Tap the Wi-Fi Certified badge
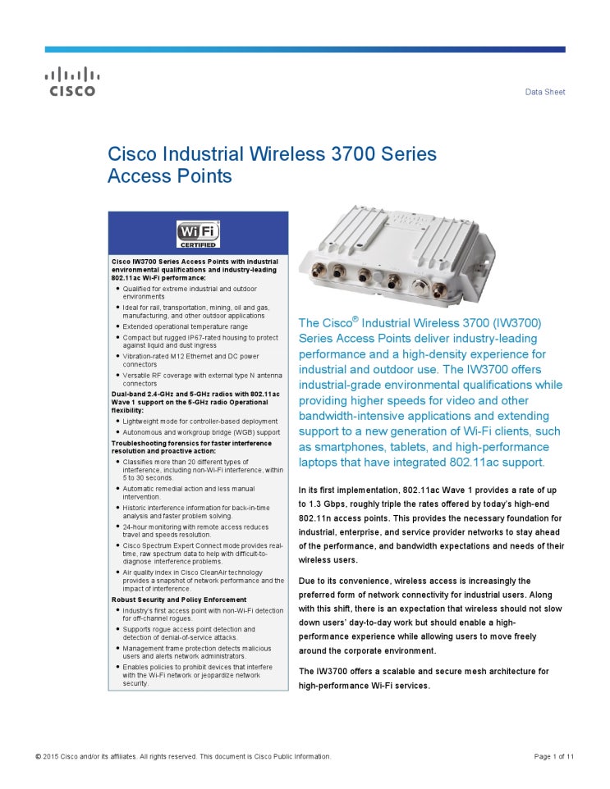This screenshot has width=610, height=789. coord(198,233)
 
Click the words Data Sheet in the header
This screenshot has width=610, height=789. coord(545,92)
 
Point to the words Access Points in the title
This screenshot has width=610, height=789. coord(170,176)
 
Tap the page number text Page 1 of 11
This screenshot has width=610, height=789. coord(553,756)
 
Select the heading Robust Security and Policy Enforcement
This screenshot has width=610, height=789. coord(179,600)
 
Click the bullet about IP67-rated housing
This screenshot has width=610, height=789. coord(200,341)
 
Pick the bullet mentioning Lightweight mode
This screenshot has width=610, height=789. coord(200,421)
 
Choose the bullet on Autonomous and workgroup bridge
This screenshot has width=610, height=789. coord(201,431)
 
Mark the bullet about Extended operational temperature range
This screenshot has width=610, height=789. coord(185,326)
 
